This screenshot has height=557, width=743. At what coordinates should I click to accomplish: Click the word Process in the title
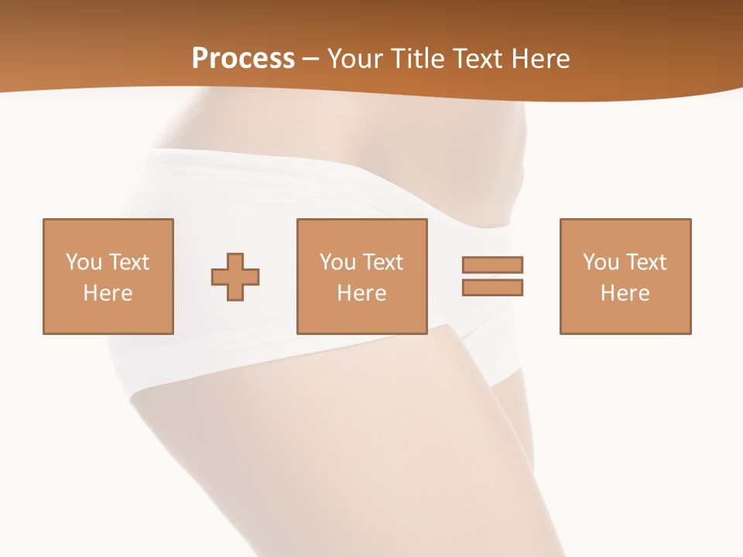pyautogui.click(x=243, y=59)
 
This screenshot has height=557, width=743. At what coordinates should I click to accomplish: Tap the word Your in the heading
pyautogui.click(x=354, y=59)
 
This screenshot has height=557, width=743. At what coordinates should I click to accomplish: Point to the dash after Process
pyautogui.click(x=311, y=60)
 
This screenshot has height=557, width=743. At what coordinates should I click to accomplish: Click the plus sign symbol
pyautogui.click(x=235, y=277)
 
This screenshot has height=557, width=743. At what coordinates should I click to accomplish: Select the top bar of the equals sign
pyautogui.click(x=492, y=265)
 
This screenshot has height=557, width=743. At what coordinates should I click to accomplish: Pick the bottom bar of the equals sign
pyautogui.click(x=492, y=288)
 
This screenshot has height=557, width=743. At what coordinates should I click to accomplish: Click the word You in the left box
pyautogui.click(x=84, y=262)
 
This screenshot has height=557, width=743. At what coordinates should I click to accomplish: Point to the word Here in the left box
pyautogui.click(x=108, y=293)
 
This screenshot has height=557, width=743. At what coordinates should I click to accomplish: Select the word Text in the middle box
pyautogui.click(x=383, y=262)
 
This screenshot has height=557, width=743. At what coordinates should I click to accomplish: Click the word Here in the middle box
pyautogui.click(x=361, y=293)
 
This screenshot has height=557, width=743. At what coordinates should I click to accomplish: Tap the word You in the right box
pyautogui.click(x=601, y=262)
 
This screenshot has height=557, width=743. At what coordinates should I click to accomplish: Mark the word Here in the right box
pyautogui.click(x=625, y=293)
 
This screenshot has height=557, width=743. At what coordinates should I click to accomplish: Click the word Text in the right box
pyautogui.click(x=646, y=262)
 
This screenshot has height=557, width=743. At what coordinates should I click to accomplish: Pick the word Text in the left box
pyautogui.click(x=129, y=262)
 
